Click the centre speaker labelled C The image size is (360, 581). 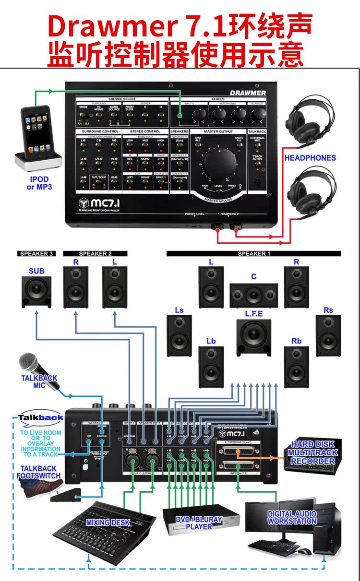[x=253, y=296]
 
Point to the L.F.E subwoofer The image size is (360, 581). [x=253, y=337]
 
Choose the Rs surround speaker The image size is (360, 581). [x=328, y=335]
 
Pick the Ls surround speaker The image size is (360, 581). [x=179, y=335]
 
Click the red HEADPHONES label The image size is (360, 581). [x=310, y=157]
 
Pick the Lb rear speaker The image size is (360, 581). [x=211, y=367]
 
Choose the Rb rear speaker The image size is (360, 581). [x=296, y=367]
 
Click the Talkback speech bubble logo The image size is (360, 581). [x=41, y=417]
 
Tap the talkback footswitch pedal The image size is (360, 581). [x=65, y=496]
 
